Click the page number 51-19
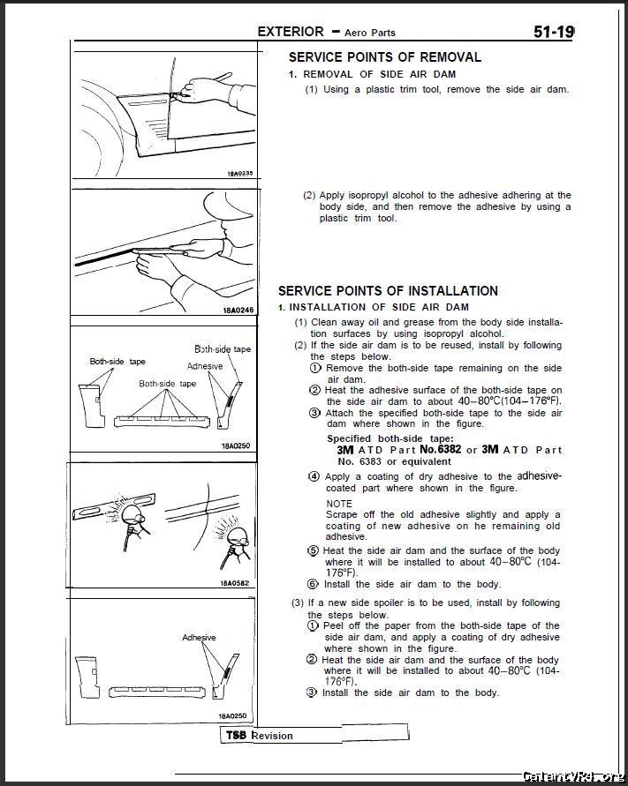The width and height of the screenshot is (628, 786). point(554,32)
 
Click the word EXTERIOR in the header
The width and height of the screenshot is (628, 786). point(291,32)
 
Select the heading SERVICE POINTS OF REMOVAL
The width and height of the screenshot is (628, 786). point(384,57)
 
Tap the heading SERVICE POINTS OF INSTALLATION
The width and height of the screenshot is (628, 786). point(388,291)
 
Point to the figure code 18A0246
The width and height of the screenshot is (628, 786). point(238,310)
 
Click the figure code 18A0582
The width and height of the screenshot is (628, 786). point(234,583)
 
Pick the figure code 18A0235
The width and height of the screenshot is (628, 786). point(240,174)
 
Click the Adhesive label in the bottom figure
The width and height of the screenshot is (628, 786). point(199,638)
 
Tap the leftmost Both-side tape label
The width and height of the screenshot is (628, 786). point(117,362)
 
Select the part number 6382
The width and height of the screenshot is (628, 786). point(449,449)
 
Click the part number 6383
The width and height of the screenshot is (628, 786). point(370,461)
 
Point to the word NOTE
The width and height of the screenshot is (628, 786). point(339,504)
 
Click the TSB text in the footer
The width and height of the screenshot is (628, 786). point(236,736)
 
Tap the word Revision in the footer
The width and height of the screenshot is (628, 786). point(271,736)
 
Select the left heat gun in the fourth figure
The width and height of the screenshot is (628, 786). point(132,524)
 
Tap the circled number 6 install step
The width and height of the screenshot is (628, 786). point(313,584)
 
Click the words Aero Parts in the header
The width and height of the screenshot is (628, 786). point(370,34)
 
